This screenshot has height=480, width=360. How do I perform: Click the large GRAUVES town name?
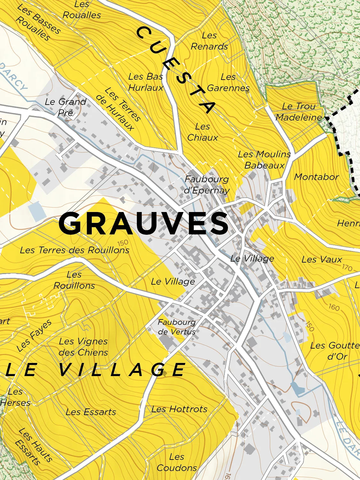[144, 224]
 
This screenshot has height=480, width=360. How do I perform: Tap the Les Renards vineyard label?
[209, 41]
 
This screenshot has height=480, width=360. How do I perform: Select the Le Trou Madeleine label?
[299, 112]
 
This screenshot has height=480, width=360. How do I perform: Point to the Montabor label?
[316, 177]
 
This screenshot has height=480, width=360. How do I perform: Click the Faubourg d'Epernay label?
[207, 185]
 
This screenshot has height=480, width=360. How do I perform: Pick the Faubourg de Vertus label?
[176, 327]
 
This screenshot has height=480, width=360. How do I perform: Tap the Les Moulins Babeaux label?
[264, 160]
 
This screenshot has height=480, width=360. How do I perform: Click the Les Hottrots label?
[179, 409]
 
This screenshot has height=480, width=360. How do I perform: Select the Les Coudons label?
[177, 462]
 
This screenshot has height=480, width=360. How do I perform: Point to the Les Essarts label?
[90, 412]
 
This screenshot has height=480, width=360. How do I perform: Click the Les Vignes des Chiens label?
[83, 347]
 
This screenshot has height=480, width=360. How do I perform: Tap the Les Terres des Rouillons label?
[74, 250]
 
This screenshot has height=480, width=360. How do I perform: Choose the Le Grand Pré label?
[66, 107]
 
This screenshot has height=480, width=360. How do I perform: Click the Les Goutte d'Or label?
[335, 351]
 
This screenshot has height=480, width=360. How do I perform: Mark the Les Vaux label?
[322, 259]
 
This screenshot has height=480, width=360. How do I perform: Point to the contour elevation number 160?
[334, 307]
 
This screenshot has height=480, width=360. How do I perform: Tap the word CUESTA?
[176, 70]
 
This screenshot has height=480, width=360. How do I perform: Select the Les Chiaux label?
[202, 132]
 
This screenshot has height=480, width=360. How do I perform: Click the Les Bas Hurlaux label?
[145, 82]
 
